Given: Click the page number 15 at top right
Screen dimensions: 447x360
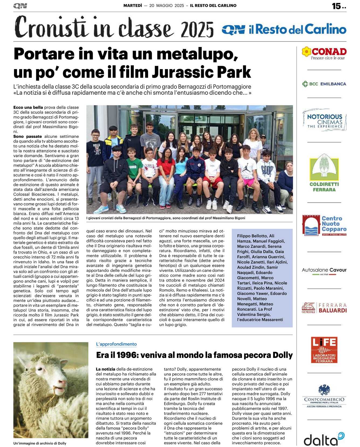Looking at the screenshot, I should pos(336,6).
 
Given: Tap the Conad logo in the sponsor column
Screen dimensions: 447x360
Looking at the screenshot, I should pos(324,53).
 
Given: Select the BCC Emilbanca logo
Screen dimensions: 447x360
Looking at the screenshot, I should pos(324,84).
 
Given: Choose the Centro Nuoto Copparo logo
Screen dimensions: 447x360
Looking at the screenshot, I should pos(324,225).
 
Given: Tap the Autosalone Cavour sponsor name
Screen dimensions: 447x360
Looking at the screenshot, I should pos(324,270).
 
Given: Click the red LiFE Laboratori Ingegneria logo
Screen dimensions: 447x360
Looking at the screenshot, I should pos(324,350).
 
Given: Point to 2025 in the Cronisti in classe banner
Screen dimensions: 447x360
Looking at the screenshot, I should pos(197,29).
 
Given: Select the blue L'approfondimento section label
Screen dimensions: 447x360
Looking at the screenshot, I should pos(116,344).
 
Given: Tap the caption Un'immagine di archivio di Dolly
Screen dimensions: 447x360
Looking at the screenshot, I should pos(40,443).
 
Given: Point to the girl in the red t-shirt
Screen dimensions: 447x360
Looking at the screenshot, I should pos(166,173).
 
